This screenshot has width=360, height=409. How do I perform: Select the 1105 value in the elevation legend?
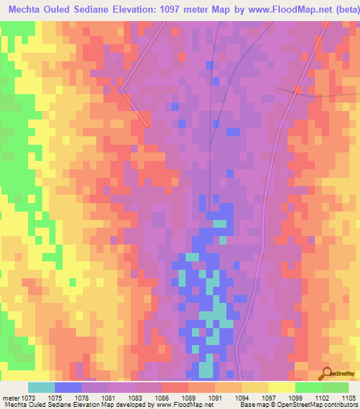pyautogui.click(x=349, y=398)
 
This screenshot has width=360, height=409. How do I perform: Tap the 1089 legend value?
pyautogui.click(x=188, y=398)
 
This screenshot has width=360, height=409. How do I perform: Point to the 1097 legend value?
pyautogui.click(x=268, y=398)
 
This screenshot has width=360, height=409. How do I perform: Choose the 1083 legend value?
pyautogui.click(x=134, y=398)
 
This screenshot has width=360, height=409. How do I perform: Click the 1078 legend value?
pyautogui.click(x=82, y=398)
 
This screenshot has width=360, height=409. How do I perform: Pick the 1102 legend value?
pyautogui.click(x=321, y=398)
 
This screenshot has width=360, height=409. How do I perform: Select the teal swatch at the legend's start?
pyautogui.click(x=41, y=387)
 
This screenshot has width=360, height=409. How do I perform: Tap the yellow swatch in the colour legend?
pyautogui.click(x=281, y=387)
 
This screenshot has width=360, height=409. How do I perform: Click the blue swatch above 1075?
pyautogui.click(x=68, y=387)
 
